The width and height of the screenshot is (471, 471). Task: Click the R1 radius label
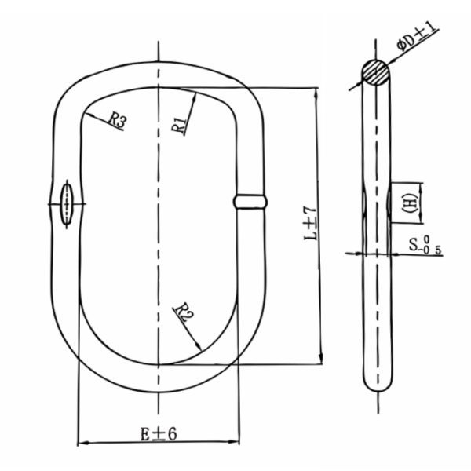coord(180,126)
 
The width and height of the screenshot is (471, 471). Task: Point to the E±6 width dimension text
coord(159,433)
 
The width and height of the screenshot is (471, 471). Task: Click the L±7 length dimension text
coord(311,224)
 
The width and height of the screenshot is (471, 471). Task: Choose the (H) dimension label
coord(411,203)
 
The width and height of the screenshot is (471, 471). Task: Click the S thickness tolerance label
coord(425,244)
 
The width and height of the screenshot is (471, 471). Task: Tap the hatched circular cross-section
coord(376,72)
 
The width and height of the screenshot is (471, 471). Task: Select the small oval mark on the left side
coord(67,204)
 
